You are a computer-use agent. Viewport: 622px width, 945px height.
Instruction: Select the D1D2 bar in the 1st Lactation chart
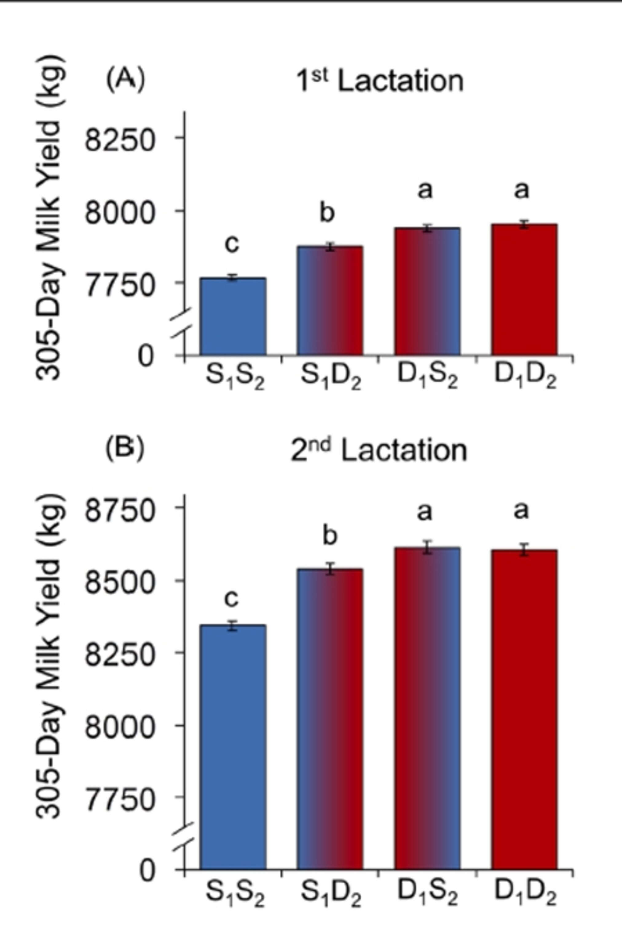tap(524, 290)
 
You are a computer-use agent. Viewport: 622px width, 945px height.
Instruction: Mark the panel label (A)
tap(125, 79)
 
